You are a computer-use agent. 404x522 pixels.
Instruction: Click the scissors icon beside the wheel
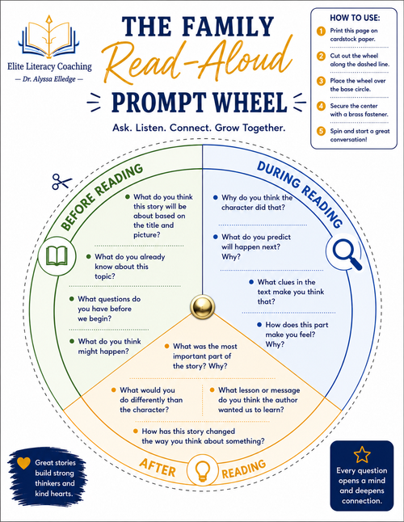pos(61,182)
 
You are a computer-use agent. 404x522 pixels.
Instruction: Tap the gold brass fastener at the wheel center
pos(202,306)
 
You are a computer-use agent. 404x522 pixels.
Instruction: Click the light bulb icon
pos(202,471)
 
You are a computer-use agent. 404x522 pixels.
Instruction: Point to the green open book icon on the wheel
pos(57,256)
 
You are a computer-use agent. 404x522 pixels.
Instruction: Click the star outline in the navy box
pos(362,454)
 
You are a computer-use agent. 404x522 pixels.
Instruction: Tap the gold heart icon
pos(23,463)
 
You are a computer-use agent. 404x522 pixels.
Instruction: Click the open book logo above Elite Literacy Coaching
pos(49,37)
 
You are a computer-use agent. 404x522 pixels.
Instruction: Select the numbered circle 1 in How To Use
pos(321,32)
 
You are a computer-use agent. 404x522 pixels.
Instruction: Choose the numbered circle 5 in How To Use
pos(321,131)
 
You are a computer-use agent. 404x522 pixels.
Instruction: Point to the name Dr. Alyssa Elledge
pos(49,79)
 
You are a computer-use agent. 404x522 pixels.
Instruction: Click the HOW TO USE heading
pos(355,18)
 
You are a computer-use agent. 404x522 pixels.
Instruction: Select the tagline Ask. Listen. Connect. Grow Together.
pos(199,128)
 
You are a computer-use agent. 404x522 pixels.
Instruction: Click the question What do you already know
pos(126,267)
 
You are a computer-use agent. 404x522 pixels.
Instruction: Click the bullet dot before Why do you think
pos(215,198)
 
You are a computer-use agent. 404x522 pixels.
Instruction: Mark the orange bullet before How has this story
pos(136,431)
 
